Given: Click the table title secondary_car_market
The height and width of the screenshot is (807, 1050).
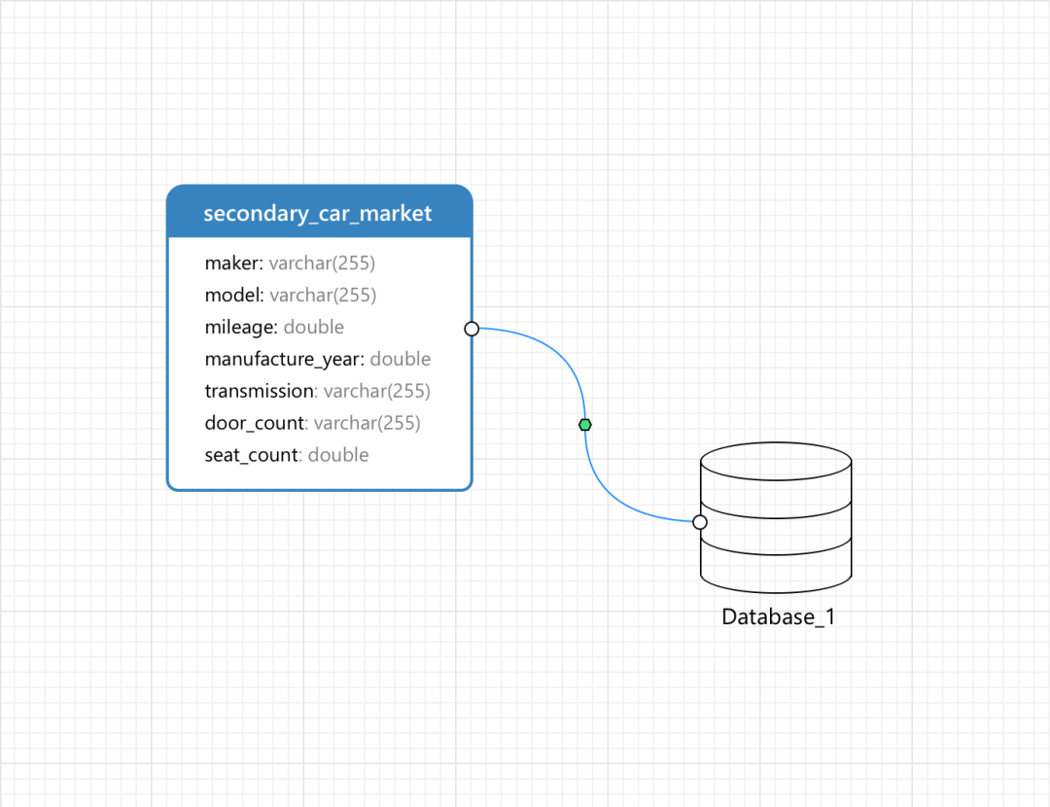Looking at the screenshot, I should [x=318, y=214].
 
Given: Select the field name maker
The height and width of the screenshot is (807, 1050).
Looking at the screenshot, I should [x=232, y=263].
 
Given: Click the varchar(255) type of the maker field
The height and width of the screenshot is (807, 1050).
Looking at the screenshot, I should [x=322, y=263].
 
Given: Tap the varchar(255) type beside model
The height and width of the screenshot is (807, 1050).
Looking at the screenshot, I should [x=323, y=296].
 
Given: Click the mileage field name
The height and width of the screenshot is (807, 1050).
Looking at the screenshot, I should [x=240, y=328].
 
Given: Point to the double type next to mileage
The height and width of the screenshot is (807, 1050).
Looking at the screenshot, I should [x=314, y=328].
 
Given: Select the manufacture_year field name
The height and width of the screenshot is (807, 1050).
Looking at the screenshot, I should [x=283, y=360].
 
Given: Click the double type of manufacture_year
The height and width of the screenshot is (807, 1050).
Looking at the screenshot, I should [x=401, y=360].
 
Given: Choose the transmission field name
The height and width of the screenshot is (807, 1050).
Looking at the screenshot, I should [x=260, y=392].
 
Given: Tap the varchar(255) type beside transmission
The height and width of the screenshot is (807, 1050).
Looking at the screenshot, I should [x=377, y=392].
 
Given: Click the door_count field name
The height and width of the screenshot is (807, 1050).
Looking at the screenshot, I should [x=255, y=424].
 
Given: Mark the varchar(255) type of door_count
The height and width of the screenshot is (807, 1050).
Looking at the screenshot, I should [x=367, y=424].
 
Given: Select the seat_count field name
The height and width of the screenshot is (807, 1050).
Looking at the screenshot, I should [x=252, y=456].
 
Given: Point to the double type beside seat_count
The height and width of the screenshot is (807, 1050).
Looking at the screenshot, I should [x=338, y=456].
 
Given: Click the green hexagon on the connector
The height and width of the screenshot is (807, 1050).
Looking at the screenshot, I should [x=585, y=425].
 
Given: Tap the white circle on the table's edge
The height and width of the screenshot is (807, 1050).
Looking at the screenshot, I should [x=472, y=329].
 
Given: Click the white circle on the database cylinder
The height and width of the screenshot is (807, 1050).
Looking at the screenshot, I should [x=700, y=522].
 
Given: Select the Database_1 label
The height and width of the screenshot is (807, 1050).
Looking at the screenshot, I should [x=778, y=617].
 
